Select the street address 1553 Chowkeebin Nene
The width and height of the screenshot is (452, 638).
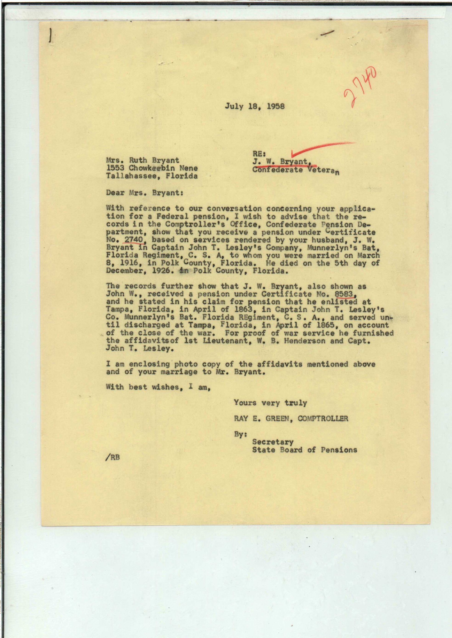click(152, 168)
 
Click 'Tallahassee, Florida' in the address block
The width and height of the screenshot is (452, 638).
click(152, 176)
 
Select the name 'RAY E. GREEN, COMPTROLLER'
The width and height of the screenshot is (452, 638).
click(291, 418)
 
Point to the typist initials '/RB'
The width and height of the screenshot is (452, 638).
click(113, 458)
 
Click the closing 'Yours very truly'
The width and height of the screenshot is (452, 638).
click(270, 403)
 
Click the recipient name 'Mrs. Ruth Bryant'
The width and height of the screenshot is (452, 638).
click(143, 160)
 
